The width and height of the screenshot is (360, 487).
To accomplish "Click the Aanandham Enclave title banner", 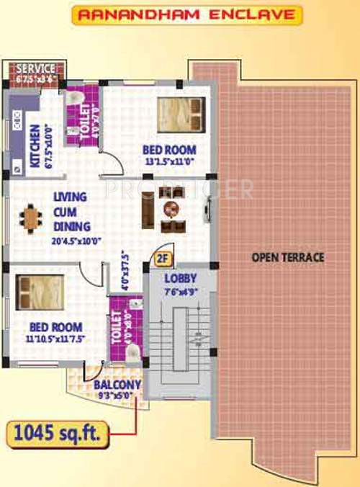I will tap(177, 14).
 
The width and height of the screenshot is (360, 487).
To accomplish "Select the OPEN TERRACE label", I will tap(287, 257).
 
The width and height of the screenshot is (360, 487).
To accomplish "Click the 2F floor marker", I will tap(161, 256).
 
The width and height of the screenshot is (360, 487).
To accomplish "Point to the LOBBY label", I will tap(176, 278).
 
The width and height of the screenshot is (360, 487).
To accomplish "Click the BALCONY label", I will tap(117, 384).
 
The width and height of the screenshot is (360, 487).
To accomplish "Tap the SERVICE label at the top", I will tap(35, 68).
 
